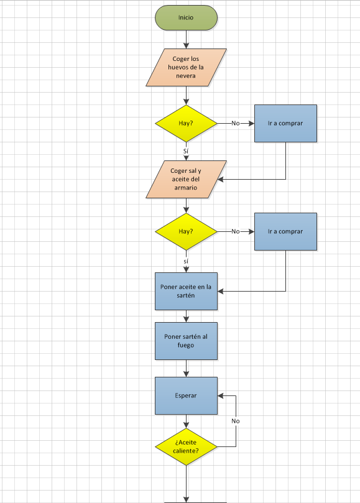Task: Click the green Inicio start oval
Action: tap(186, 17)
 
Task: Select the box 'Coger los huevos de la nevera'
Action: tap(186, 67)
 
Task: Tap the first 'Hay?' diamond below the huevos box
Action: tap(186, 123)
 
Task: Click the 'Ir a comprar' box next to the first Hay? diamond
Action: tap(285, 123)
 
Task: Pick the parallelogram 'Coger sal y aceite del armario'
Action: tap(186, 179)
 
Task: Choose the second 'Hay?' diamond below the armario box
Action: tap(186, 231)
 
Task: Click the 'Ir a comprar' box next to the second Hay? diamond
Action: tap(285, 231)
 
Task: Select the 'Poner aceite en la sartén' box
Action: tap(186, 291)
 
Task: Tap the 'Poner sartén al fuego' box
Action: tap(186, 341)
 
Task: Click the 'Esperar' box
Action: tap(186, 395)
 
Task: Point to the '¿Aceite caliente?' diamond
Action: tap(186, 446)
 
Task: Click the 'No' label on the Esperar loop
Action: tap(236, 421)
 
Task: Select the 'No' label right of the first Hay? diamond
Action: tap(236, 123)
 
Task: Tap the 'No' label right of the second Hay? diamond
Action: tap(236, 231)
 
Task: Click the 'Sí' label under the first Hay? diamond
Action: tap(186, 150)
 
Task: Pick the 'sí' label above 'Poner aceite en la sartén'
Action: tap(186, 261)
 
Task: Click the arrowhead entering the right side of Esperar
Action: tap(221, 395)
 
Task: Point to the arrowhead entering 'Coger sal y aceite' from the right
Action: tap(221, 179)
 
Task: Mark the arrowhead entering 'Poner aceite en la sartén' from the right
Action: tap(221, 291)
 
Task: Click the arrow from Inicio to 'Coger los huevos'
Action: tap(186, 39)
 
